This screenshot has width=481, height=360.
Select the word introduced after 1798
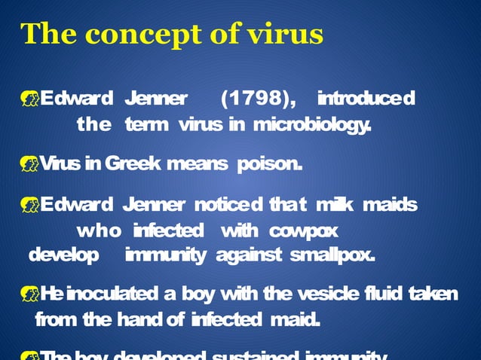[366, 99]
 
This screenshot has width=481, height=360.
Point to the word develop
[63, 255]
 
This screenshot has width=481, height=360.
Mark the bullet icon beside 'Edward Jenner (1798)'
[29, 99]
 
